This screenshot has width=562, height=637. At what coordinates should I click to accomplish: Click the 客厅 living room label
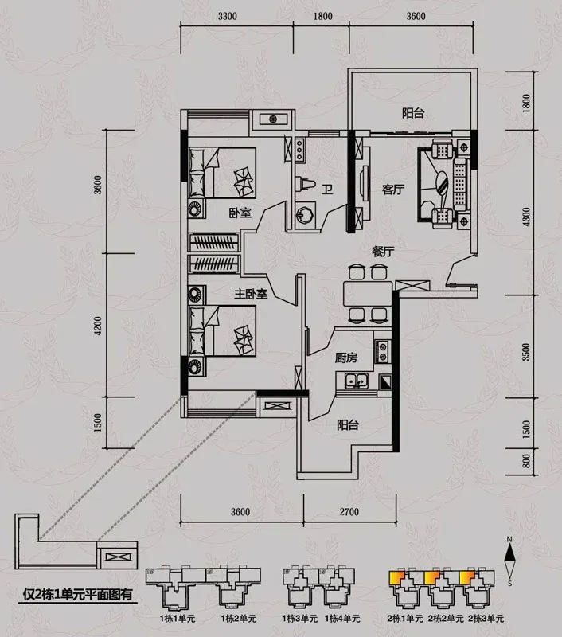[393, 190]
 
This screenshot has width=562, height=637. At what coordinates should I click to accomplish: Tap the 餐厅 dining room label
[383, 252]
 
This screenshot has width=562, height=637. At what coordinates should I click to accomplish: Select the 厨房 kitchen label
[346, 358]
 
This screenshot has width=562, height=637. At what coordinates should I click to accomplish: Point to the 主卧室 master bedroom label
[251, 294]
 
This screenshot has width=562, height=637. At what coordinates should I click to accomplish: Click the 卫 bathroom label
[327, 190]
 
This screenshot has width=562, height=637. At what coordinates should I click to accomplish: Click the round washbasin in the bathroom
[305, 213]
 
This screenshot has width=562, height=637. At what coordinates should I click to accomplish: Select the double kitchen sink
[356, 381]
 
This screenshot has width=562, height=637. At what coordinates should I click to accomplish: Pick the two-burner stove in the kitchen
[382, 351]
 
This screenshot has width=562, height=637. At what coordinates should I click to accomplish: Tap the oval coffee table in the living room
[442, 183]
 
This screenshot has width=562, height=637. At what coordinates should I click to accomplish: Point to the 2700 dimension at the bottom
[349, 511]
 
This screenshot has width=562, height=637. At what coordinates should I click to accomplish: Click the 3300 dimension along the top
[228, 16]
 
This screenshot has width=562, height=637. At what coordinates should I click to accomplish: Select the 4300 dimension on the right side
[526, 217]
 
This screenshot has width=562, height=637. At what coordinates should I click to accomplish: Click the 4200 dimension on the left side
[98, 326]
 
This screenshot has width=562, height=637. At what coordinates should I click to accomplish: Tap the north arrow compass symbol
[509, 561]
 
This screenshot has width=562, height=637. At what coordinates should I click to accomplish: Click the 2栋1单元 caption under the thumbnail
[405, 619]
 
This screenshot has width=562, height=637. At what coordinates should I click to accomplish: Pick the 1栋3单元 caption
[299, 619]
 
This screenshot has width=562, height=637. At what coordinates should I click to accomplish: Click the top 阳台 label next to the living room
[413, 113]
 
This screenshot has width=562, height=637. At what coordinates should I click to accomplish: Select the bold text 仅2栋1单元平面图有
[77, 595]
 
